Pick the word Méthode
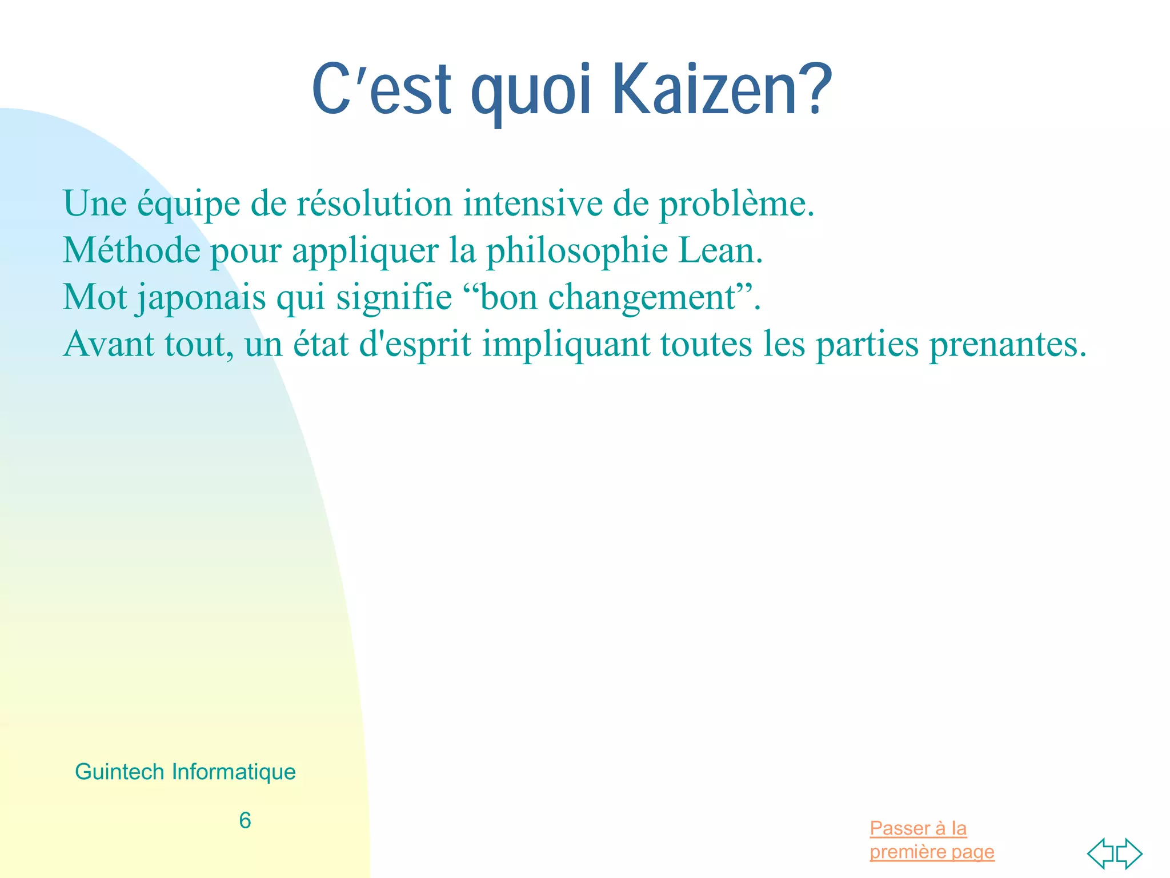[131, 251]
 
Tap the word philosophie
[577, 251]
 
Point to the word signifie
[394, 298]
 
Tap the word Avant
[109, 345]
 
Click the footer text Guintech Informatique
[185, 772]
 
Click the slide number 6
[245, 821]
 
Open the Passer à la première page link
[931, 840]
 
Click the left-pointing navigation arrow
[1100, 853]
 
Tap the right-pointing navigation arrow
[1130, 853]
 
